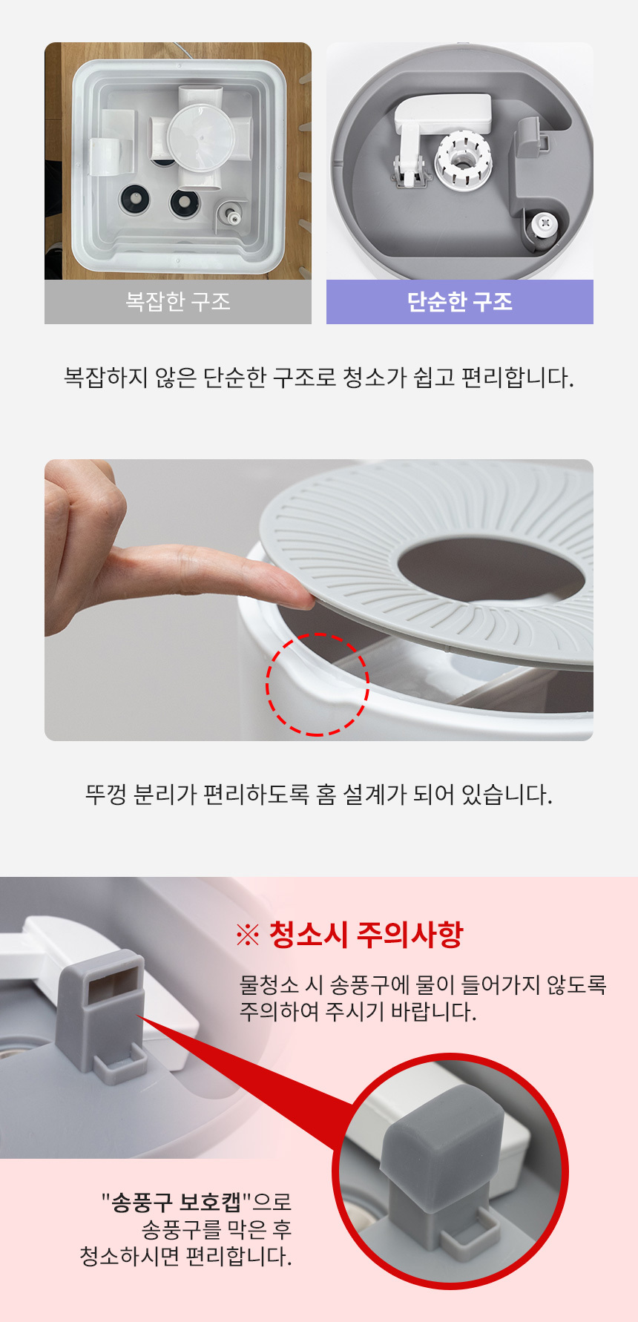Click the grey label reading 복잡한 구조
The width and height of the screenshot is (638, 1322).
point(178,302)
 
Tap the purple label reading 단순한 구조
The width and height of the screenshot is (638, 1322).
point(460,302)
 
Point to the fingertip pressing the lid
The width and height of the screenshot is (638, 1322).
point(297,593)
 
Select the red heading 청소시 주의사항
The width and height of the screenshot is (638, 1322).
point(366,934)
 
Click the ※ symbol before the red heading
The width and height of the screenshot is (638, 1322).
point(247,935)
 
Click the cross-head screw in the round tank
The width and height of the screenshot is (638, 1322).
point(547,222)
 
